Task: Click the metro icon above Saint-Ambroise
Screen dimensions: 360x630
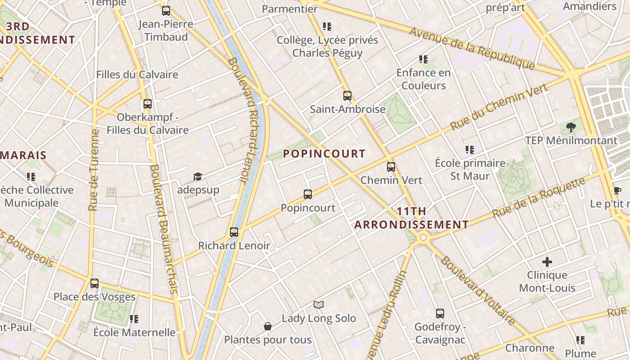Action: tap(347, 95)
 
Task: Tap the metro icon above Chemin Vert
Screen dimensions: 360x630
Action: tap(391, 167)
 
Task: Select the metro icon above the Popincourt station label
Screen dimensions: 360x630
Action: tap(308, 194)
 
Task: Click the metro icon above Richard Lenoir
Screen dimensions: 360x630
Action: tap(234, 232)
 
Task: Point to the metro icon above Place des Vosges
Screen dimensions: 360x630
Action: tap(94, 283)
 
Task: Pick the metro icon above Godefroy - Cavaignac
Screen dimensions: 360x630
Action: tap(440, 314)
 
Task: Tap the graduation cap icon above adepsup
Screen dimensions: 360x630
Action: tap(198, 176)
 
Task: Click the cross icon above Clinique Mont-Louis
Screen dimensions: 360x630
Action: tap(547, 261)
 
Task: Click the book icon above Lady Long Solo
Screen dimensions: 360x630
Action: tap(319, 305)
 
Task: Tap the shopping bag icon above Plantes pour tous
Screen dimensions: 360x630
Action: tap(268, 326)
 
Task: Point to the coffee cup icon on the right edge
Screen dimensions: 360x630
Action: tap(617, 191)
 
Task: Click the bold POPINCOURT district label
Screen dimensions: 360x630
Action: tap(324, 154)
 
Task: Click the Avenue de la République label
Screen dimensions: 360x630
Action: tap(472, 48)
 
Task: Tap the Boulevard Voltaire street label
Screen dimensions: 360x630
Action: tap(478, 291)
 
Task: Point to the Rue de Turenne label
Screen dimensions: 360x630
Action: tap(94, 170)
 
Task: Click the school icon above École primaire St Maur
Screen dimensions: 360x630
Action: tap(470, 149)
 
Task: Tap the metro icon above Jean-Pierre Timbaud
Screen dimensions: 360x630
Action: tap(166, 11)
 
